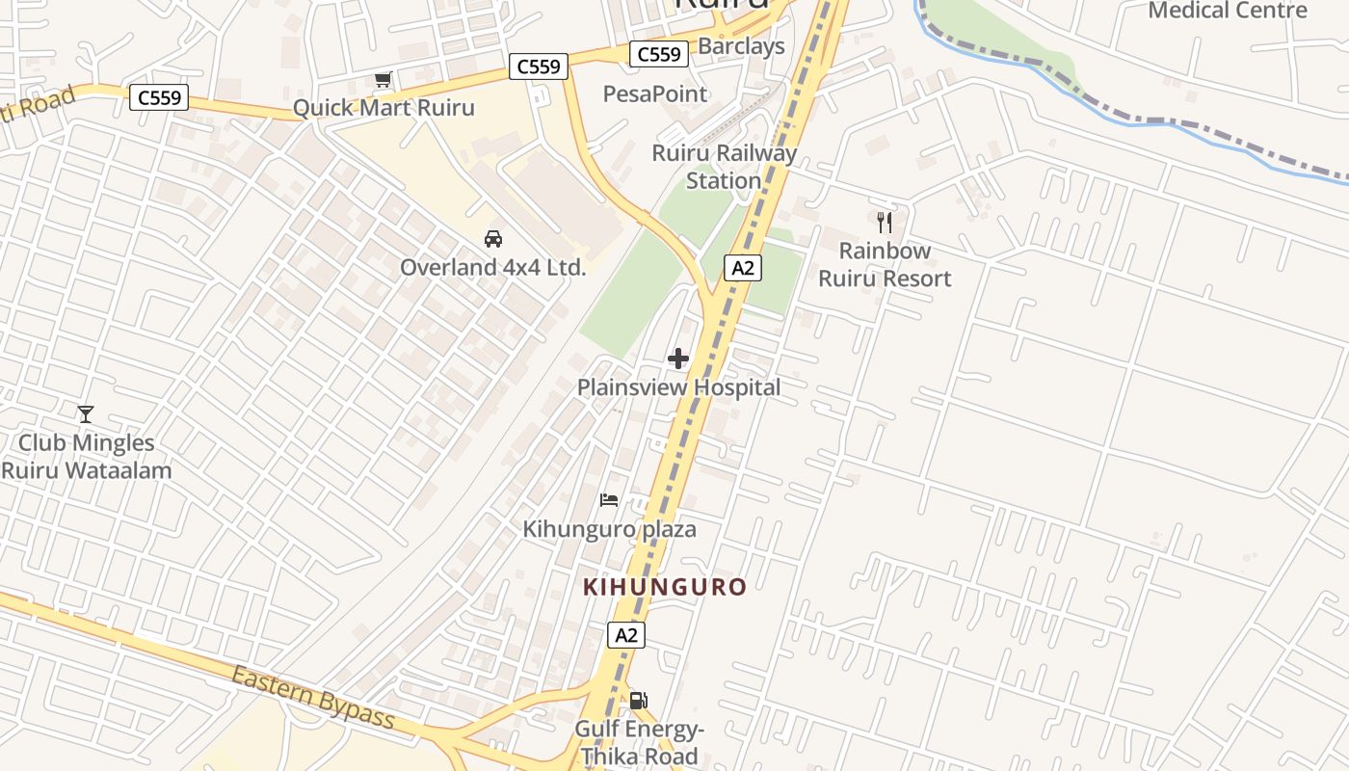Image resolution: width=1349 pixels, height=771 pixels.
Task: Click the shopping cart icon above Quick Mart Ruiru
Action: tap(384, 79)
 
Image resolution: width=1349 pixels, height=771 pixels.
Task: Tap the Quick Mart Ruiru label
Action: tap(384, 107)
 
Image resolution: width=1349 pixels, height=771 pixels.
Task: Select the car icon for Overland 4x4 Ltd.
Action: tap(493, 238)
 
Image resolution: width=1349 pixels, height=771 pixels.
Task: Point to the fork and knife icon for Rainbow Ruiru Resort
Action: tap(885, 223)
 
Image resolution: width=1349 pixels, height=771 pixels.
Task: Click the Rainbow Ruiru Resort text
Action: tap(885, 265)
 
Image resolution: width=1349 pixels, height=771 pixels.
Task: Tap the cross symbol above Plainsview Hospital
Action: tap(678, 359)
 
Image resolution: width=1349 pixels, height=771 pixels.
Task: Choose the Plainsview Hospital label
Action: tap(678, 387)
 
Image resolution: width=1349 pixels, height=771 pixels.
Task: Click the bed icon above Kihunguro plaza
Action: tap(609, 499)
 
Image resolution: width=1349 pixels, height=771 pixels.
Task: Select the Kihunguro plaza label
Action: tap(609, 529)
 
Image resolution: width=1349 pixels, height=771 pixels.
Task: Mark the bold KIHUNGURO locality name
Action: tap(665, 587)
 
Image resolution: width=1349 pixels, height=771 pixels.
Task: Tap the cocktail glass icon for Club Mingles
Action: tap(86, 414)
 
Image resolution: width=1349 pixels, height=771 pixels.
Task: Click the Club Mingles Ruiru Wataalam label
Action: tap(87, 457)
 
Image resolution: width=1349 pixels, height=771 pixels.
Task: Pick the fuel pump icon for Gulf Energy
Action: tap(638, 701)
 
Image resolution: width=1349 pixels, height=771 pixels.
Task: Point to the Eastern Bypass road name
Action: tap(313, 696)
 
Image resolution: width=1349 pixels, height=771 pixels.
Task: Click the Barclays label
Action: tap(741, 46)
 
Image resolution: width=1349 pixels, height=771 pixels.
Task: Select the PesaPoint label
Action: tap(655, 93)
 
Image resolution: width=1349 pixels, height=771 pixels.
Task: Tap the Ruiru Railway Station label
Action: tap(725, 167)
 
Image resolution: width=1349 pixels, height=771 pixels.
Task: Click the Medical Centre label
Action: tap(1229, 11)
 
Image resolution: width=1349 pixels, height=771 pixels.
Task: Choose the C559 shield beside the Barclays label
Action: tap(659, 54)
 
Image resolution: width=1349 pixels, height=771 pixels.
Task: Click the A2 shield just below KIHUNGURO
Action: tap(626, 635)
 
